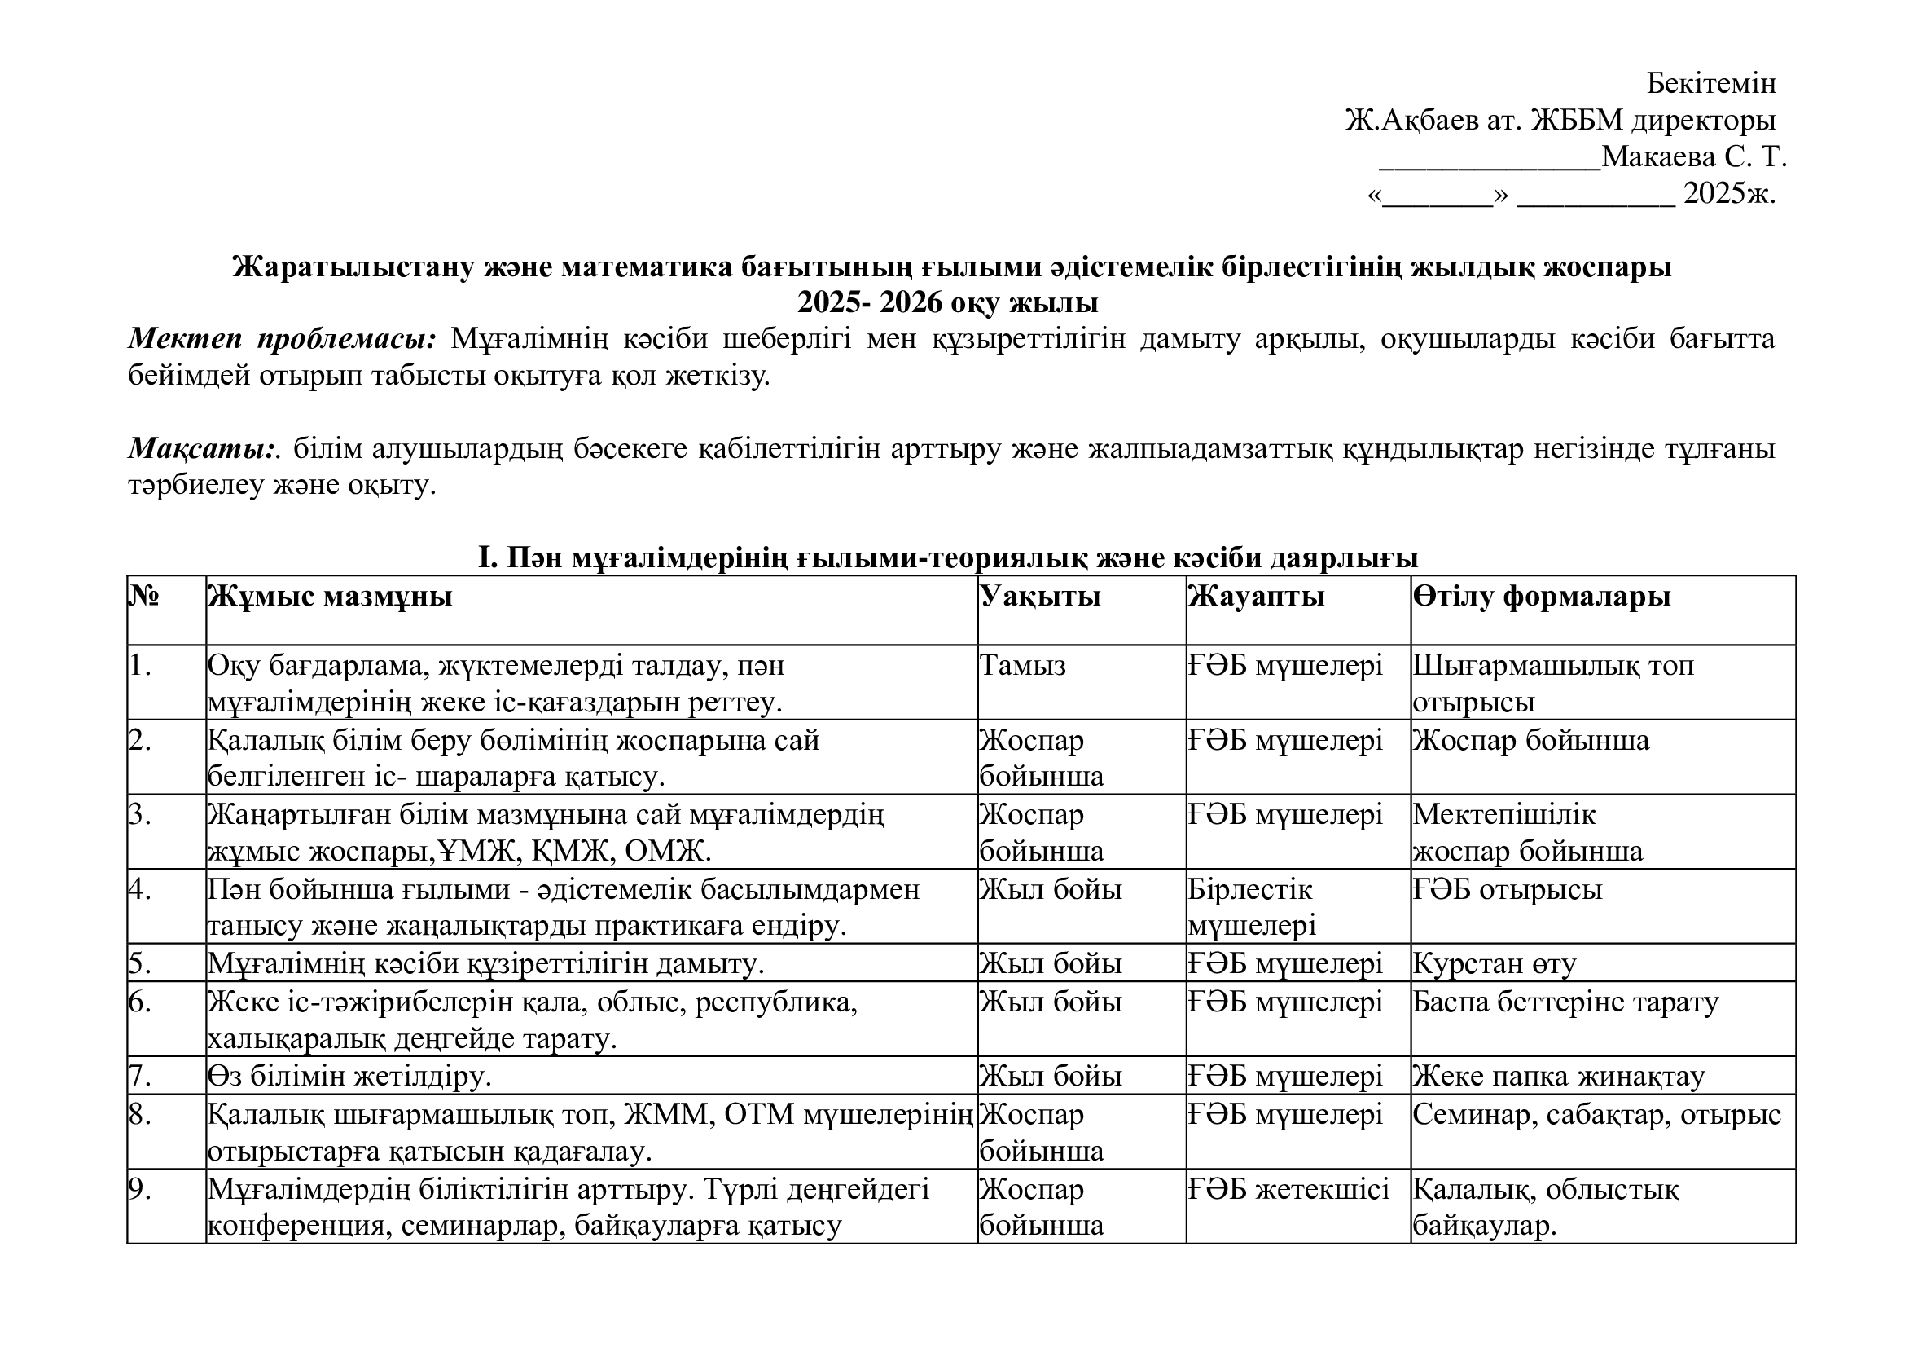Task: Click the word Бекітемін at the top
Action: click(1711, 83)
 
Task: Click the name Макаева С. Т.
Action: click(1693, 156)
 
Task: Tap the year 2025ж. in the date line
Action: click(1729, 193)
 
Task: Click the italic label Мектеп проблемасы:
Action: click(282, 339)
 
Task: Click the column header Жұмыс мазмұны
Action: click(330, 596)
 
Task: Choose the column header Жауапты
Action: click(1256, 596)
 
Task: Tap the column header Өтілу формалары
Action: click(1542, 596)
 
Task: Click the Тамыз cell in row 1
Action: click(1023, 665)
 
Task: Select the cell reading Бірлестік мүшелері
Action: click(1251, 907)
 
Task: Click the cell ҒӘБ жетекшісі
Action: click(1288, 1189)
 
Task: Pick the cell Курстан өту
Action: click(1495, 963)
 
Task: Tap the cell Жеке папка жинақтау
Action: click(1559, 1077)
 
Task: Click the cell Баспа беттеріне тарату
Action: click(1565, 1002)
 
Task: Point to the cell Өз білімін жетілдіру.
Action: click(349, 1077)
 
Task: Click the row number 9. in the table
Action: click(140, 1189)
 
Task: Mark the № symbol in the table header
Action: click(144, 596)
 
